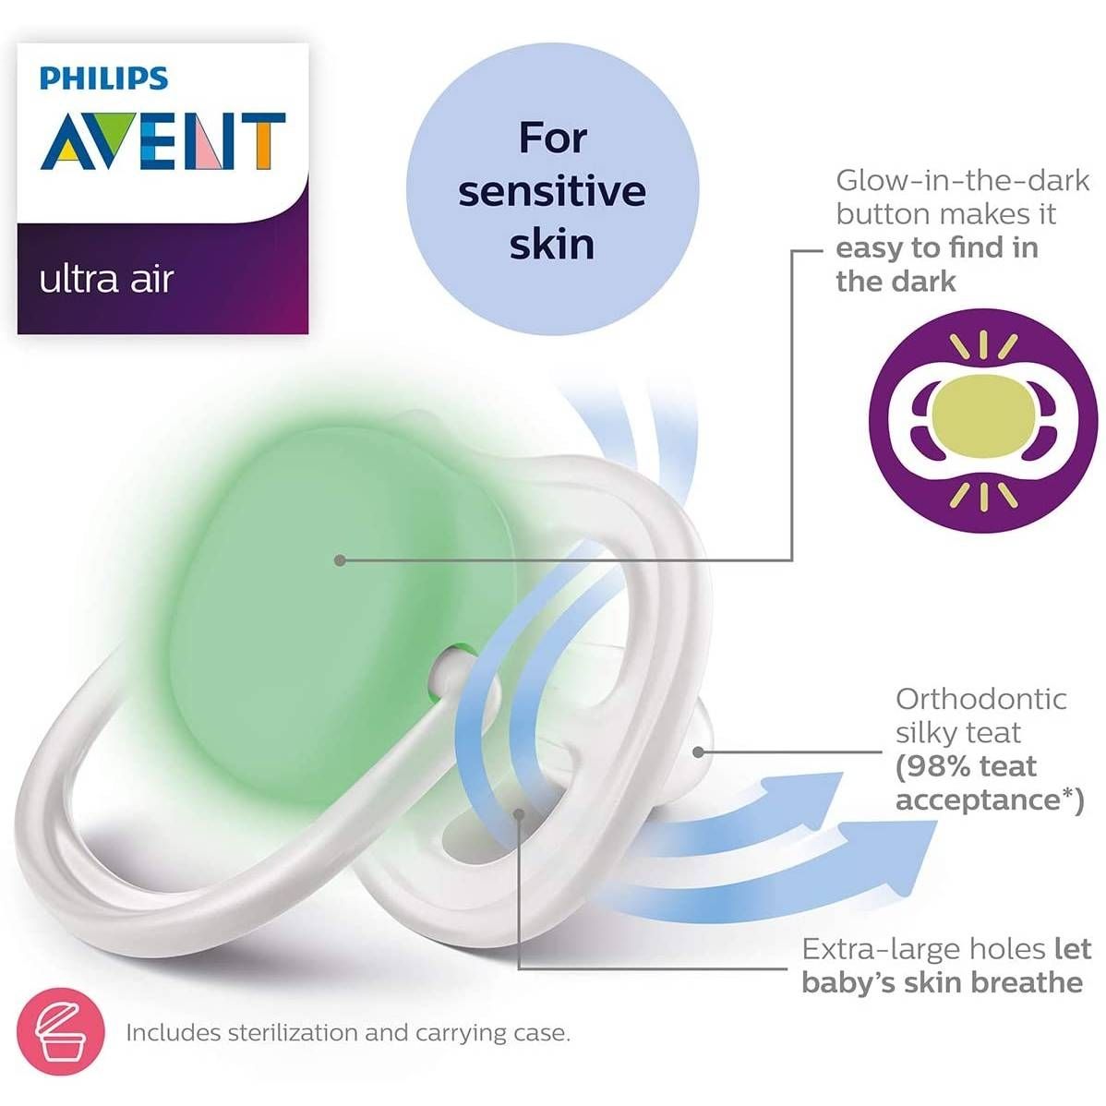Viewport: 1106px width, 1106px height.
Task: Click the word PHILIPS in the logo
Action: [103, 78]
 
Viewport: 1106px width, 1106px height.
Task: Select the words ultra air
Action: [106, 279]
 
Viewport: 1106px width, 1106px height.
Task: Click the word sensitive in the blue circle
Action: [552, 191]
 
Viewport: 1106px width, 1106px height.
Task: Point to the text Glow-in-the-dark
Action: [963, 179]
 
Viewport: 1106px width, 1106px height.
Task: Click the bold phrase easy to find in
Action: [937, 247]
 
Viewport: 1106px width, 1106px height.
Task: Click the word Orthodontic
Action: [980, 699]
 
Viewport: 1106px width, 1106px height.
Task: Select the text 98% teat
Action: [966, 766]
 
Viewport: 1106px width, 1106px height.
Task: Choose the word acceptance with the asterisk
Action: [988, 799]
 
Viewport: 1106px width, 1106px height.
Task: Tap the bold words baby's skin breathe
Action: [942, 982]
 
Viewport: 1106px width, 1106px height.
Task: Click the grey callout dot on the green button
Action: [341, 559]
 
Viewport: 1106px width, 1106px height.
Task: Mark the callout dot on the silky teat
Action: [699, 751]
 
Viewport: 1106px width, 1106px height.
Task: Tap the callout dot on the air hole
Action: [520, 813]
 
